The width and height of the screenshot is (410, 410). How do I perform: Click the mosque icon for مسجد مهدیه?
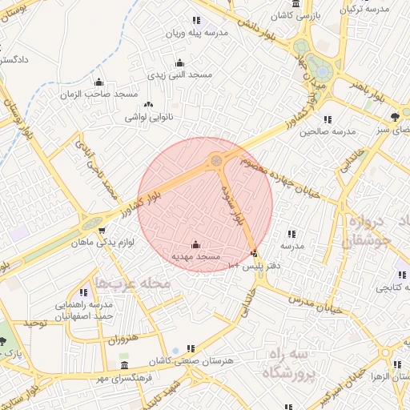point(197,244)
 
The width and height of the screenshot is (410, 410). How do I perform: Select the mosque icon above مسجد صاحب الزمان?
point(98,82)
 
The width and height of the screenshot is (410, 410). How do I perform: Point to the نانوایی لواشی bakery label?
point(148,117)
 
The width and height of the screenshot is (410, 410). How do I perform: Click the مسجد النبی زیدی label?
point(179,74)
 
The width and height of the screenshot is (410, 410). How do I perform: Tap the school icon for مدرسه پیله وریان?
point(195,21)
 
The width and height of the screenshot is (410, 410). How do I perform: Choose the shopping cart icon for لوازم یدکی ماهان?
point(102,230)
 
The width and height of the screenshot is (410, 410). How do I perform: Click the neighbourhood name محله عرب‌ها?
point(133,283)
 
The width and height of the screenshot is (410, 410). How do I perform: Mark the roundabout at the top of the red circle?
point(216,161)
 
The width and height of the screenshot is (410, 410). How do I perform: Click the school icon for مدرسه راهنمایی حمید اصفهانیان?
point(83,292)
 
